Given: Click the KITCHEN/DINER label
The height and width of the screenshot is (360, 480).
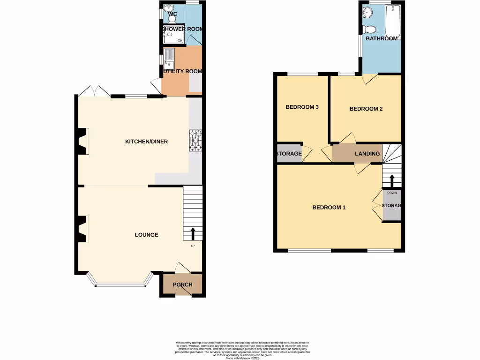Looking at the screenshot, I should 146,142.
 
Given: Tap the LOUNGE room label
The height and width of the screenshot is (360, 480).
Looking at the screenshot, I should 146,235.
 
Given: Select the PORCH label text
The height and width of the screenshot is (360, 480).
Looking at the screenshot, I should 183,285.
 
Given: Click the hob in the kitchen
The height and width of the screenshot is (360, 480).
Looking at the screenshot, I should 195,141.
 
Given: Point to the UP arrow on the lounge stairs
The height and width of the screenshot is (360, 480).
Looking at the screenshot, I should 193,233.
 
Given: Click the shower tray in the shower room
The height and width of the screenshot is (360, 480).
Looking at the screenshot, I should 173,35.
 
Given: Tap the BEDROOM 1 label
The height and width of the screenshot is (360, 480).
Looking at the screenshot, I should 329,207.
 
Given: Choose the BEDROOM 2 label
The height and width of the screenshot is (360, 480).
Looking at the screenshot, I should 366,109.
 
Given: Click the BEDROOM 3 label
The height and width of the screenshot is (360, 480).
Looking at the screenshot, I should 302,107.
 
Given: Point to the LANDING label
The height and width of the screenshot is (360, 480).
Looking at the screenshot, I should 367,154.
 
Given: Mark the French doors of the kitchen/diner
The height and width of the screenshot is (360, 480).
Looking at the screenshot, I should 95,92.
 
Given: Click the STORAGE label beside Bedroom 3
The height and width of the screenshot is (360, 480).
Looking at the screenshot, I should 288,154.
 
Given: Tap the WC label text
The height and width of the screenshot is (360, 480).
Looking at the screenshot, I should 172,14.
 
